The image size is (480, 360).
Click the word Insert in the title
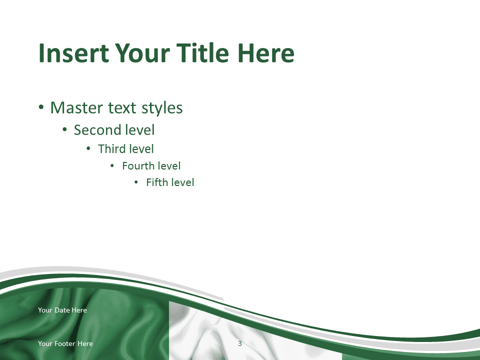[73, 53]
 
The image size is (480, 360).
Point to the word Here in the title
[265, 53]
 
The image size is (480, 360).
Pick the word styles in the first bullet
[162, 108]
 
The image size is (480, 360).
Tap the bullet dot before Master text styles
[41, 107]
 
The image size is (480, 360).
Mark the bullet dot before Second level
[64, 129]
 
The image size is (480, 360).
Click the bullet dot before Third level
[88, 149]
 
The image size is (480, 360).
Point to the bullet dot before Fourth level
[112, 166]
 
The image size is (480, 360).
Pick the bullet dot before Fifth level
[136, 182]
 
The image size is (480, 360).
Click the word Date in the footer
[62, 310]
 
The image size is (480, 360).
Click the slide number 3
[240, 343]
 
